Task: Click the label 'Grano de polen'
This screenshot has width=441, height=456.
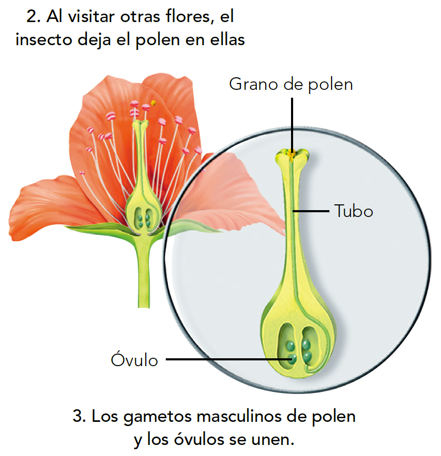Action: pos(290,84)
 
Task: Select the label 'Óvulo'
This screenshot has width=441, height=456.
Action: pos(135,360)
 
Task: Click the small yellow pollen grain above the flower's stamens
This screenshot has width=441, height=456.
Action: pos(153,103)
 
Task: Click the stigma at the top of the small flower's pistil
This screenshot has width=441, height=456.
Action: pos(139,125)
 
